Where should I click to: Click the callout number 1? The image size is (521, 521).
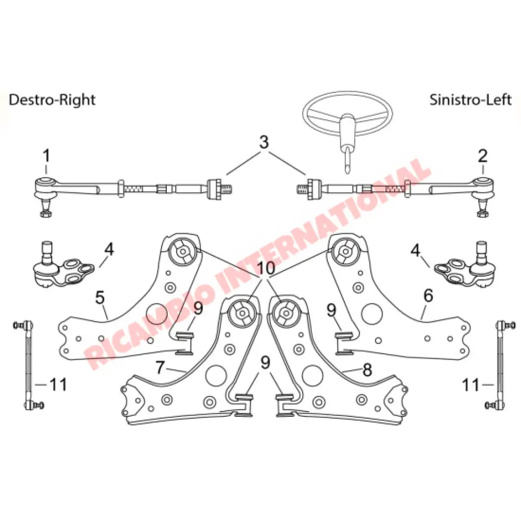tap(46, 155)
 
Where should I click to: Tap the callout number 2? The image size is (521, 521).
tap(482, 155)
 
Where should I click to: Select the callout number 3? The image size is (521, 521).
tap(265, 142)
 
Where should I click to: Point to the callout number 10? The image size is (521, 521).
tap(266, 269)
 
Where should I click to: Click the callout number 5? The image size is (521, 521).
tap(100, 297)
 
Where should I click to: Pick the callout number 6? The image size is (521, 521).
tap(428, 295)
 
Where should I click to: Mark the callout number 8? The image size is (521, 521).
tap(367, 370)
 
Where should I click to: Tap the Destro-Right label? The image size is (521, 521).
tap(52, 99)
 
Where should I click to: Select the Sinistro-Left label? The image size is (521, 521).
tap(470, 99)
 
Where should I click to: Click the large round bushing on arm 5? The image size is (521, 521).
tap(183, 251)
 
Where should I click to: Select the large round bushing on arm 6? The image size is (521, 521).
tap(345, 251)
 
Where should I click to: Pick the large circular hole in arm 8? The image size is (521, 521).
tap(312, 375)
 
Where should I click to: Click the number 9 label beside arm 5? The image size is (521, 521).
tap(198, 309)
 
